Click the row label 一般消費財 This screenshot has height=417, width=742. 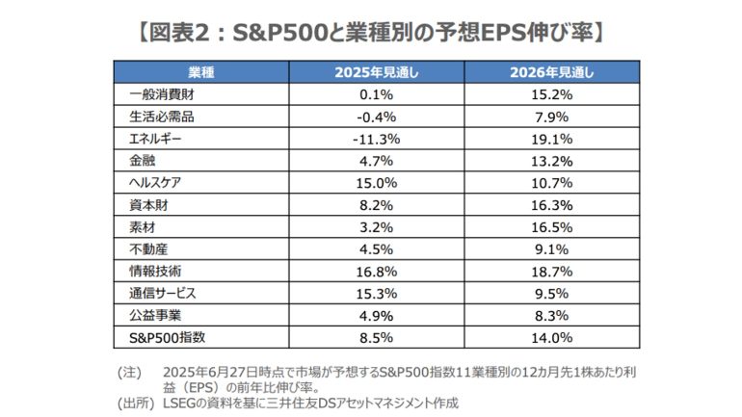tap(158, 94)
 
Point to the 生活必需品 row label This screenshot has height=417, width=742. tap(162, 117)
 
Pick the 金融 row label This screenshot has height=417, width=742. tap(141, 161)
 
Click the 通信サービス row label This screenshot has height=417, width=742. tap(162, 293)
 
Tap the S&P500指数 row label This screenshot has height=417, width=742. tap(166, 337)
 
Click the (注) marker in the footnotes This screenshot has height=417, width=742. tap(129, 371)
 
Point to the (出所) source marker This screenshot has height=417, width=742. tap(133, 403)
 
